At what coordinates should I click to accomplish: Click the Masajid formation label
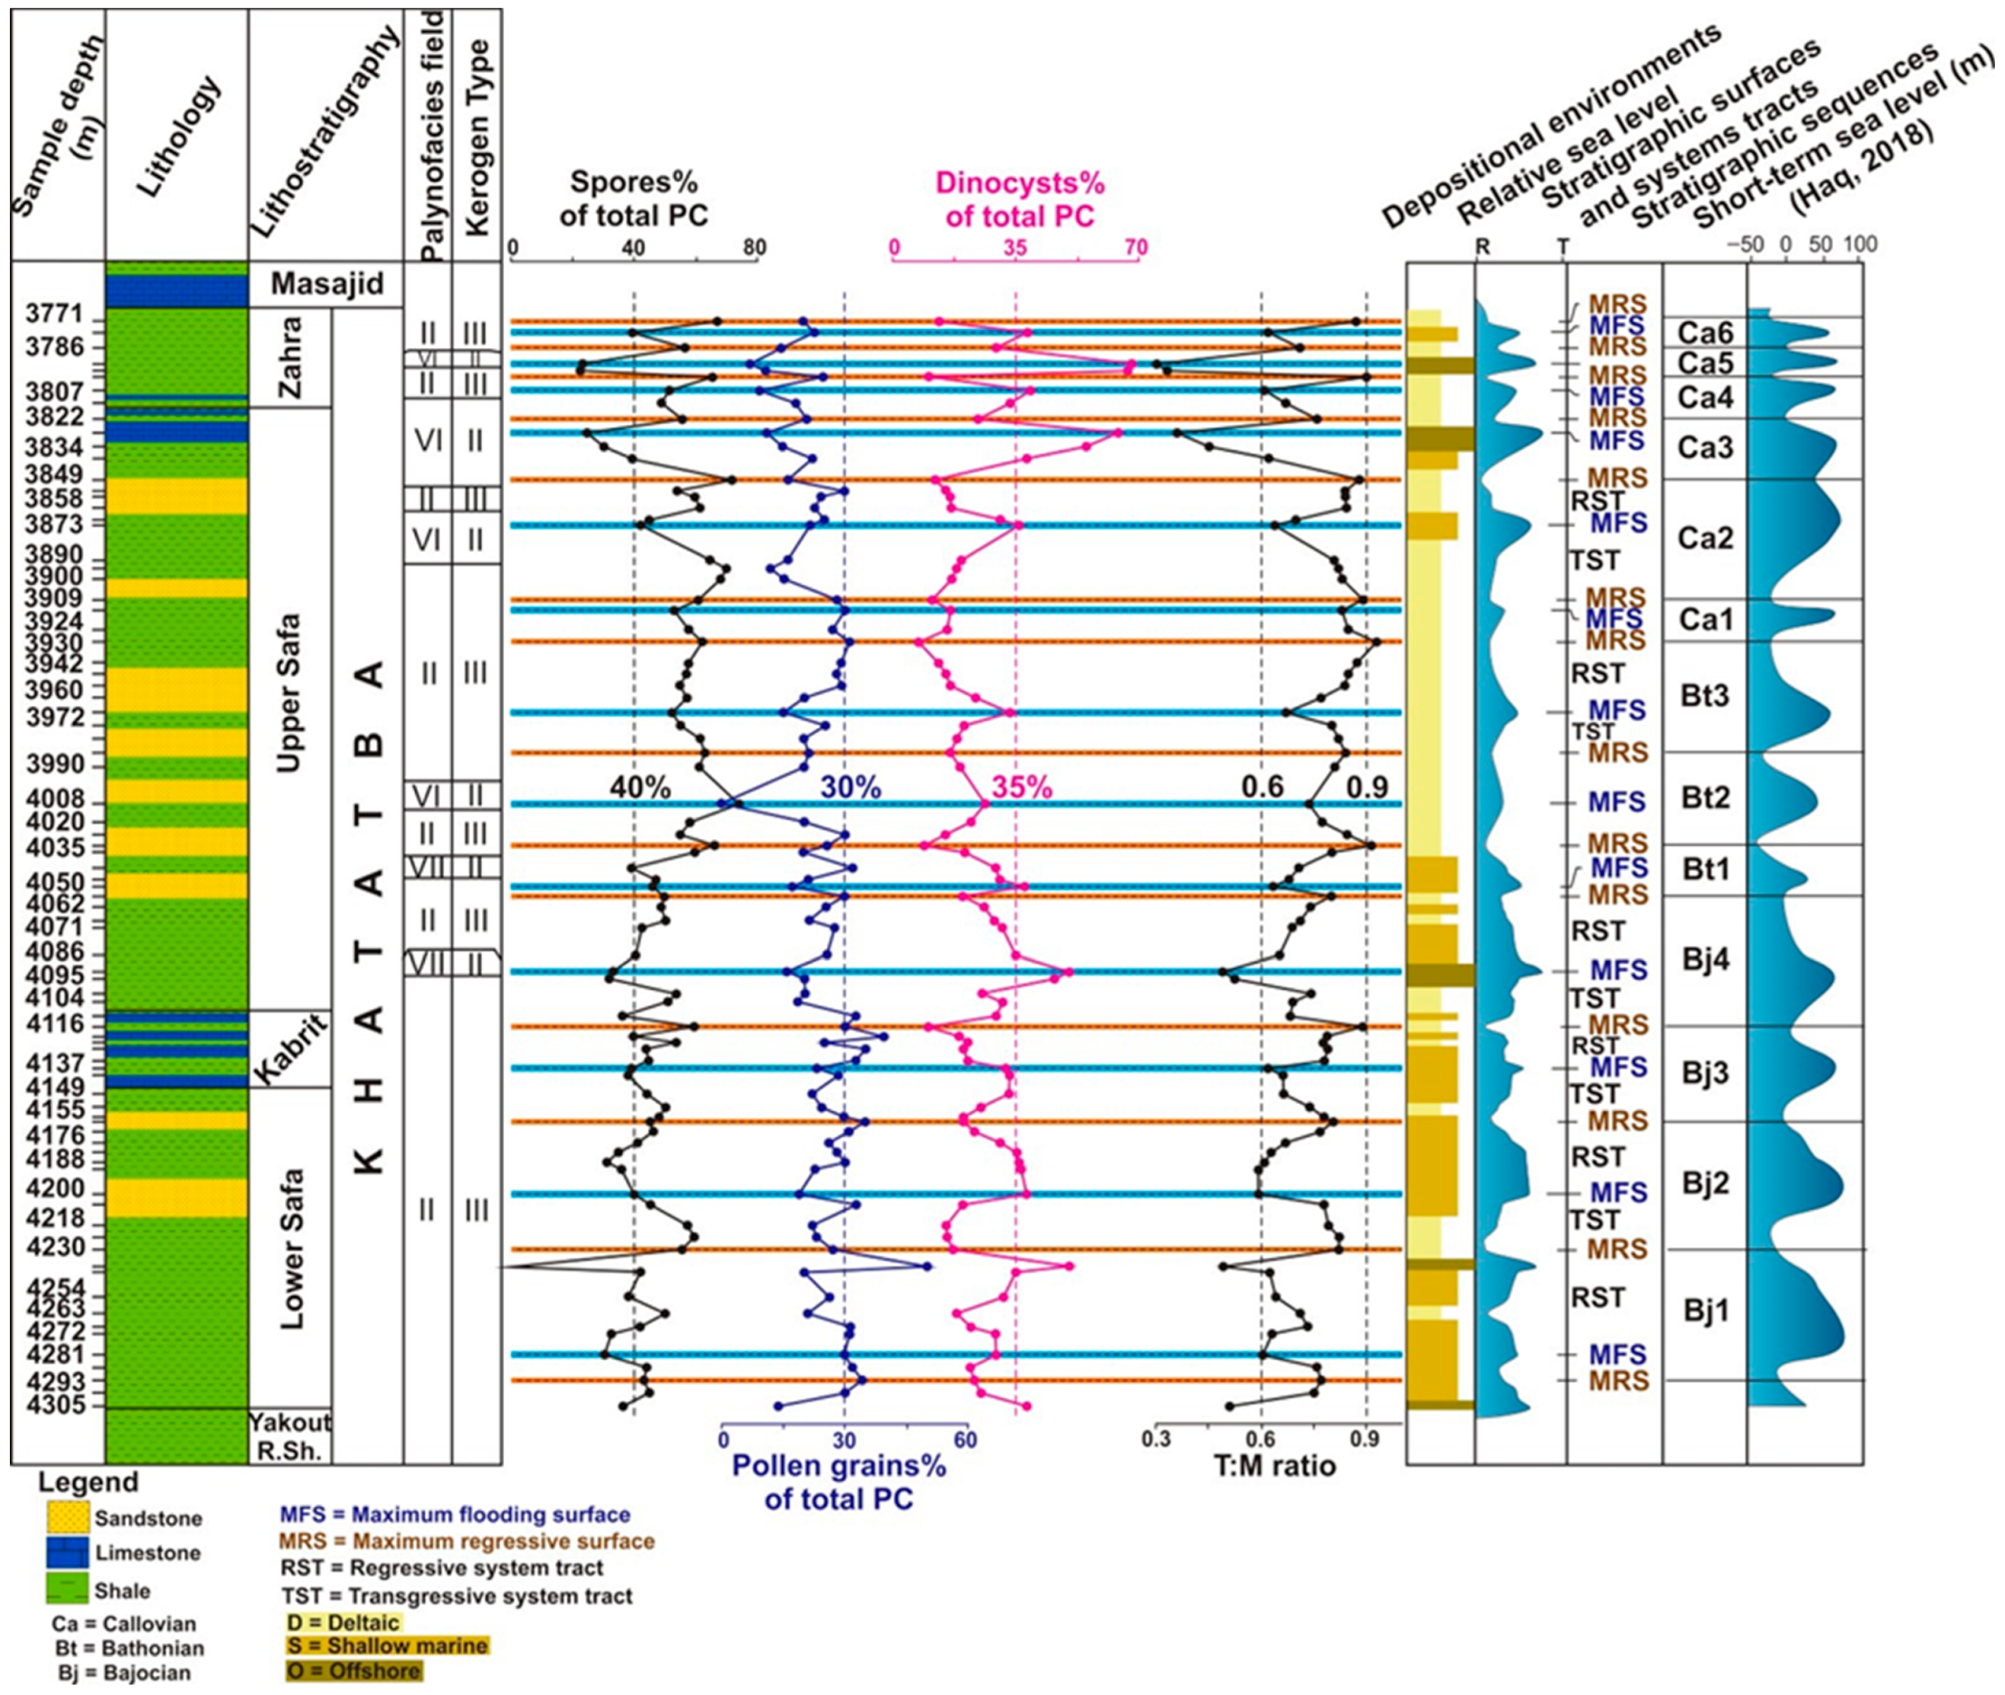(327, 283)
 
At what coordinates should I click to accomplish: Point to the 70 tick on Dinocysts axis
(1136, 248)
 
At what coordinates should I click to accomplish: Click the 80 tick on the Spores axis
(755, 248)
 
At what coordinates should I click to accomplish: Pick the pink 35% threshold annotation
(1021, 787)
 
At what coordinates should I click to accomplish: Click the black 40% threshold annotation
(640, 787)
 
